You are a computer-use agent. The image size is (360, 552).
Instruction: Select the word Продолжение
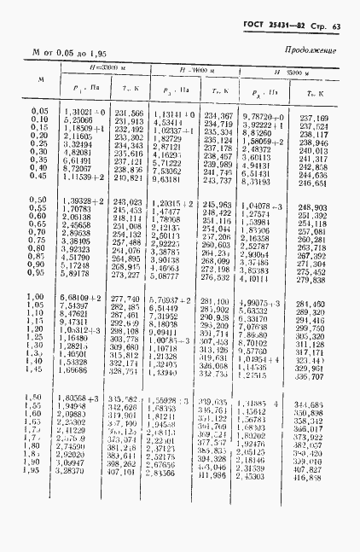coord(310,50)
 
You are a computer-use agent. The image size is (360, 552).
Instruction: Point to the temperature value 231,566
coord(128,113)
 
